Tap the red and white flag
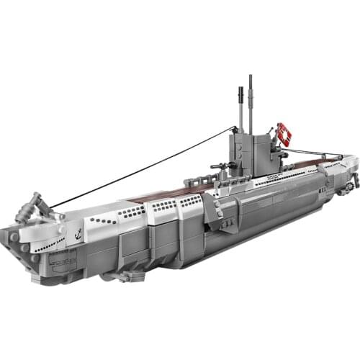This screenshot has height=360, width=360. (284, 134)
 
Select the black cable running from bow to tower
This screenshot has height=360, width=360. (137, 168)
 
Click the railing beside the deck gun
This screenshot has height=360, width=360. (230, 173)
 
